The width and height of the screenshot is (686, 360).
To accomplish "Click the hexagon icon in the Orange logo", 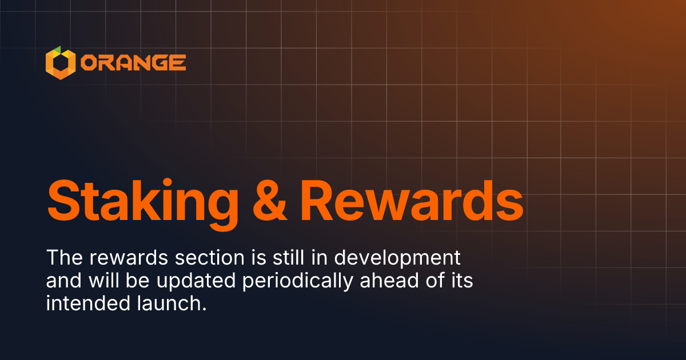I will coord(60,62).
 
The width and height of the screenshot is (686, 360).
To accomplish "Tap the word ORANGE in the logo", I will coord(133,62).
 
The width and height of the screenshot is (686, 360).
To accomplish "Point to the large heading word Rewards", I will coord(412,201).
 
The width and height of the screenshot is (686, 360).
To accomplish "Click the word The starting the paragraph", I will coord(64,257).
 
